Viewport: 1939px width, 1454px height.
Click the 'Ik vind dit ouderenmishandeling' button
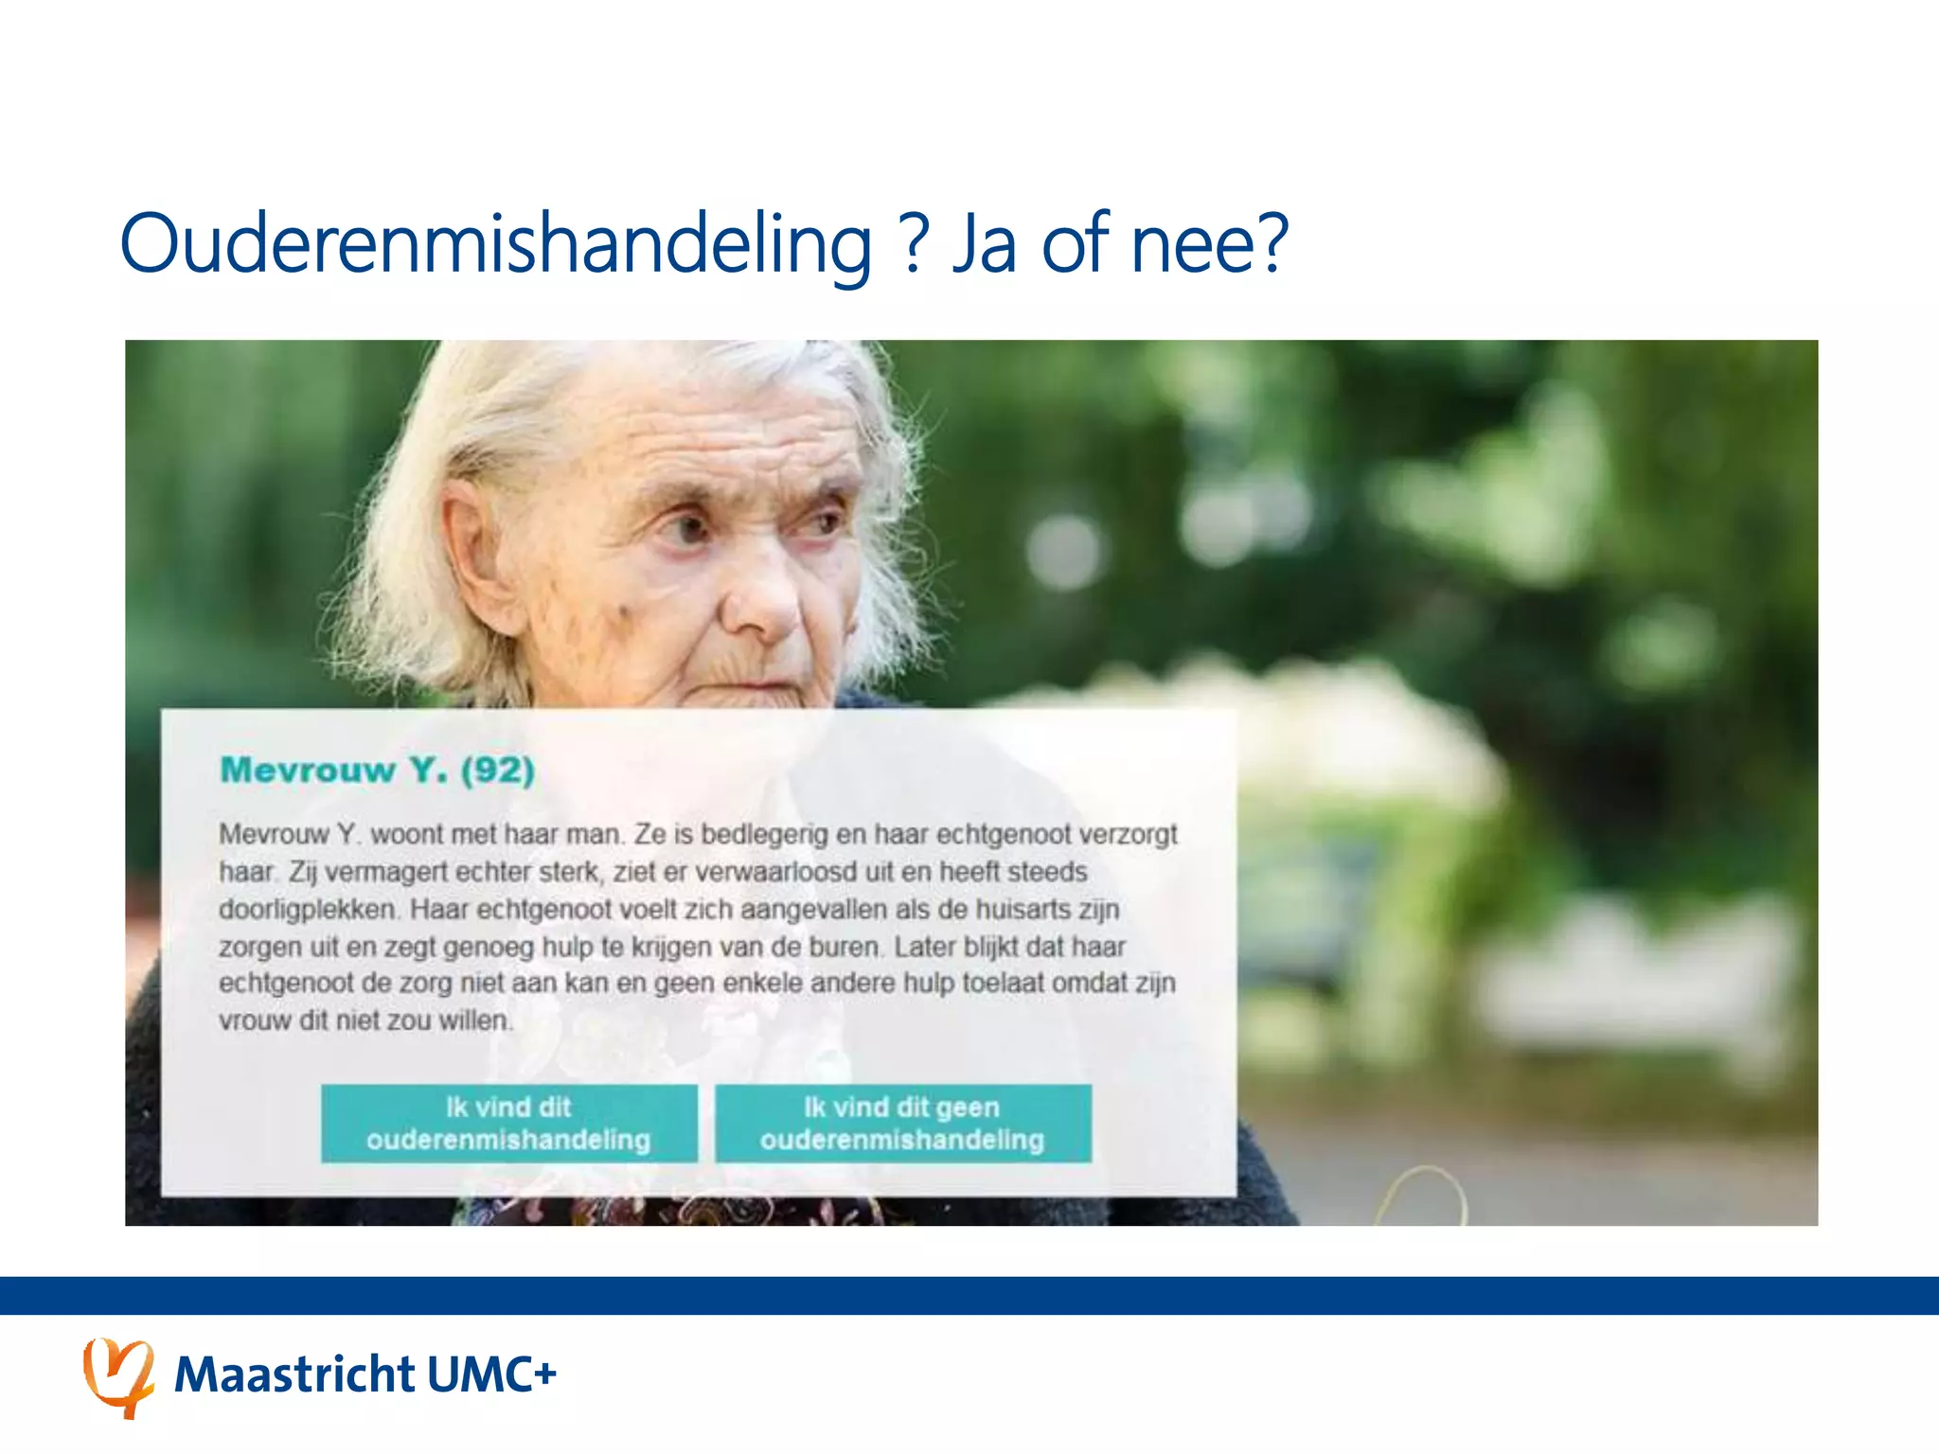[509, 1124]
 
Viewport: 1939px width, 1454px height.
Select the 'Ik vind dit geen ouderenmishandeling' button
[902, 1124]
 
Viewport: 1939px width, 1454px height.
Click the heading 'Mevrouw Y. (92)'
[377, 771]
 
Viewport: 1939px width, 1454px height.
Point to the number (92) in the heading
[498, 771]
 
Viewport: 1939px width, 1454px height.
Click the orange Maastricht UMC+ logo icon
[118, 1375]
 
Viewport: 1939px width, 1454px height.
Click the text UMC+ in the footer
[491, 1375]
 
